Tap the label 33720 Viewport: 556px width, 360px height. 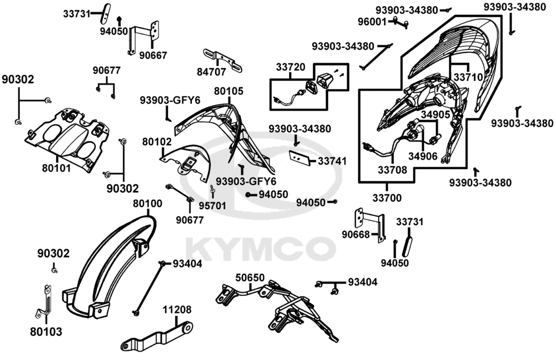[x=290, y=67]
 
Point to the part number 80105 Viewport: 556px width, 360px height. [x=229, y=91]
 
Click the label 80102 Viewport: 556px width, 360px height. [x=156, y=142]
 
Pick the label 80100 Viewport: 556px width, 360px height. [x=148, y=204]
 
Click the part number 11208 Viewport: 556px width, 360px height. [x=177, y=309]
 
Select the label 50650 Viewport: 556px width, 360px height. [x=250, y=277]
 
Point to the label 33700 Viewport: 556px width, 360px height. [x=387, y=198]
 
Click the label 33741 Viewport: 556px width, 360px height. [x=332, y=161]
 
